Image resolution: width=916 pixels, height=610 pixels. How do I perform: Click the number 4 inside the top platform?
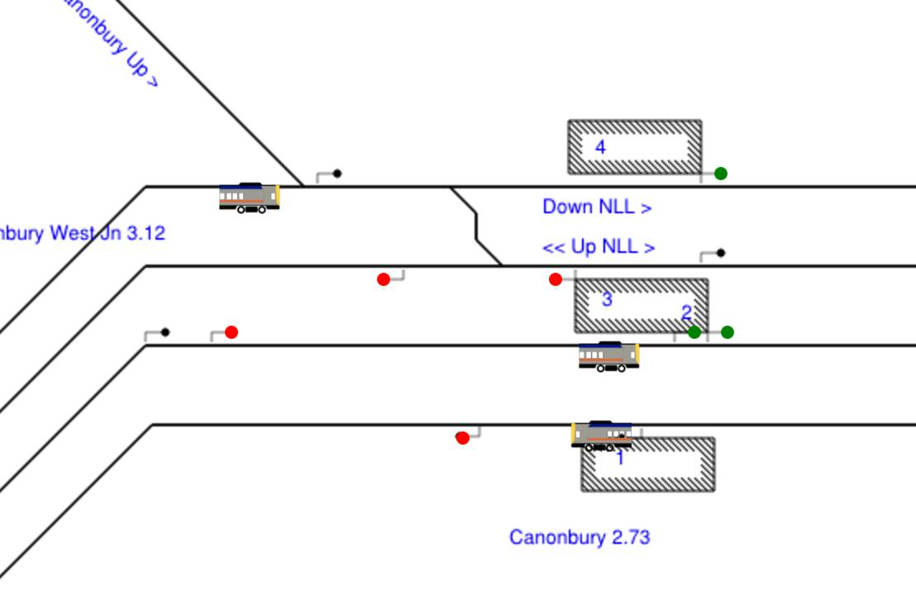pyautogui.click(x=600, y=147)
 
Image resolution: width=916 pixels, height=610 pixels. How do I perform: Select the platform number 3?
pyautogui.click(x=607, y=299)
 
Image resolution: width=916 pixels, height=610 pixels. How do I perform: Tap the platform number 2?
pyautogui.click(x=686, y=312)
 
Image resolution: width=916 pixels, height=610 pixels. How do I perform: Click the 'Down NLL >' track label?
pyautogui.click(x=596, y=207)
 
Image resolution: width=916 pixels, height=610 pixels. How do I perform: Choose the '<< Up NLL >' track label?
pyautogui.click(x=599, y=246)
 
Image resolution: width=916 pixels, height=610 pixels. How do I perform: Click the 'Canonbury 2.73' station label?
pyautogui.click(x=580, y=537)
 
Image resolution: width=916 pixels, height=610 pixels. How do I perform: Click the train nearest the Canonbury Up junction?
pyautogui.click(x=249, y=198)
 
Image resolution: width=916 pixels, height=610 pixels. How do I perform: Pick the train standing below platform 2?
pyautogui.click(x=608, y=356)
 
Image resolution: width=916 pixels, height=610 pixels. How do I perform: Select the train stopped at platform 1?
pyautogui.click(x=602, y=435)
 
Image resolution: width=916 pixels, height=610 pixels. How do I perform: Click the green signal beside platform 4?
pyautogui.click(x=721, y=174)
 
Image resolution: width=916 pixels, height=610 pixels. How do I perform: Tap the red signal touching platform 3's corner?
pyautogui.click(x=556, y=279)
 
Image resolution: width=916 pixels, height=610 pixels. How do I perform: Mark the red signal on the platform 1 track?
pyautogui.click(x=463, y=438)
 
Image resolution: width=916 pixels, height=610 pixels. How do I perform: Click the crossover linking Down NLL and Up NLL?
pyautogui.click(x=476, y=226)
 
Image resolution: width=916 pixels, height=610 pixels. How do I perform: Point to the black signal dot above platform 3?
pyautogui.click(x=721, y=253)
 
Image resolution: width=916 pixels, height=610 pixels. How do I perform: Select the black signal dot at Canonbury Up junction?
pyautogui.click(x=337, y=174)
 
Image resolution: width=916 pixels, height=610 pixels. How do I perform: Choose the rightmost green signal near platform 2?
pyautogui.click(x=728, y=332)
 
